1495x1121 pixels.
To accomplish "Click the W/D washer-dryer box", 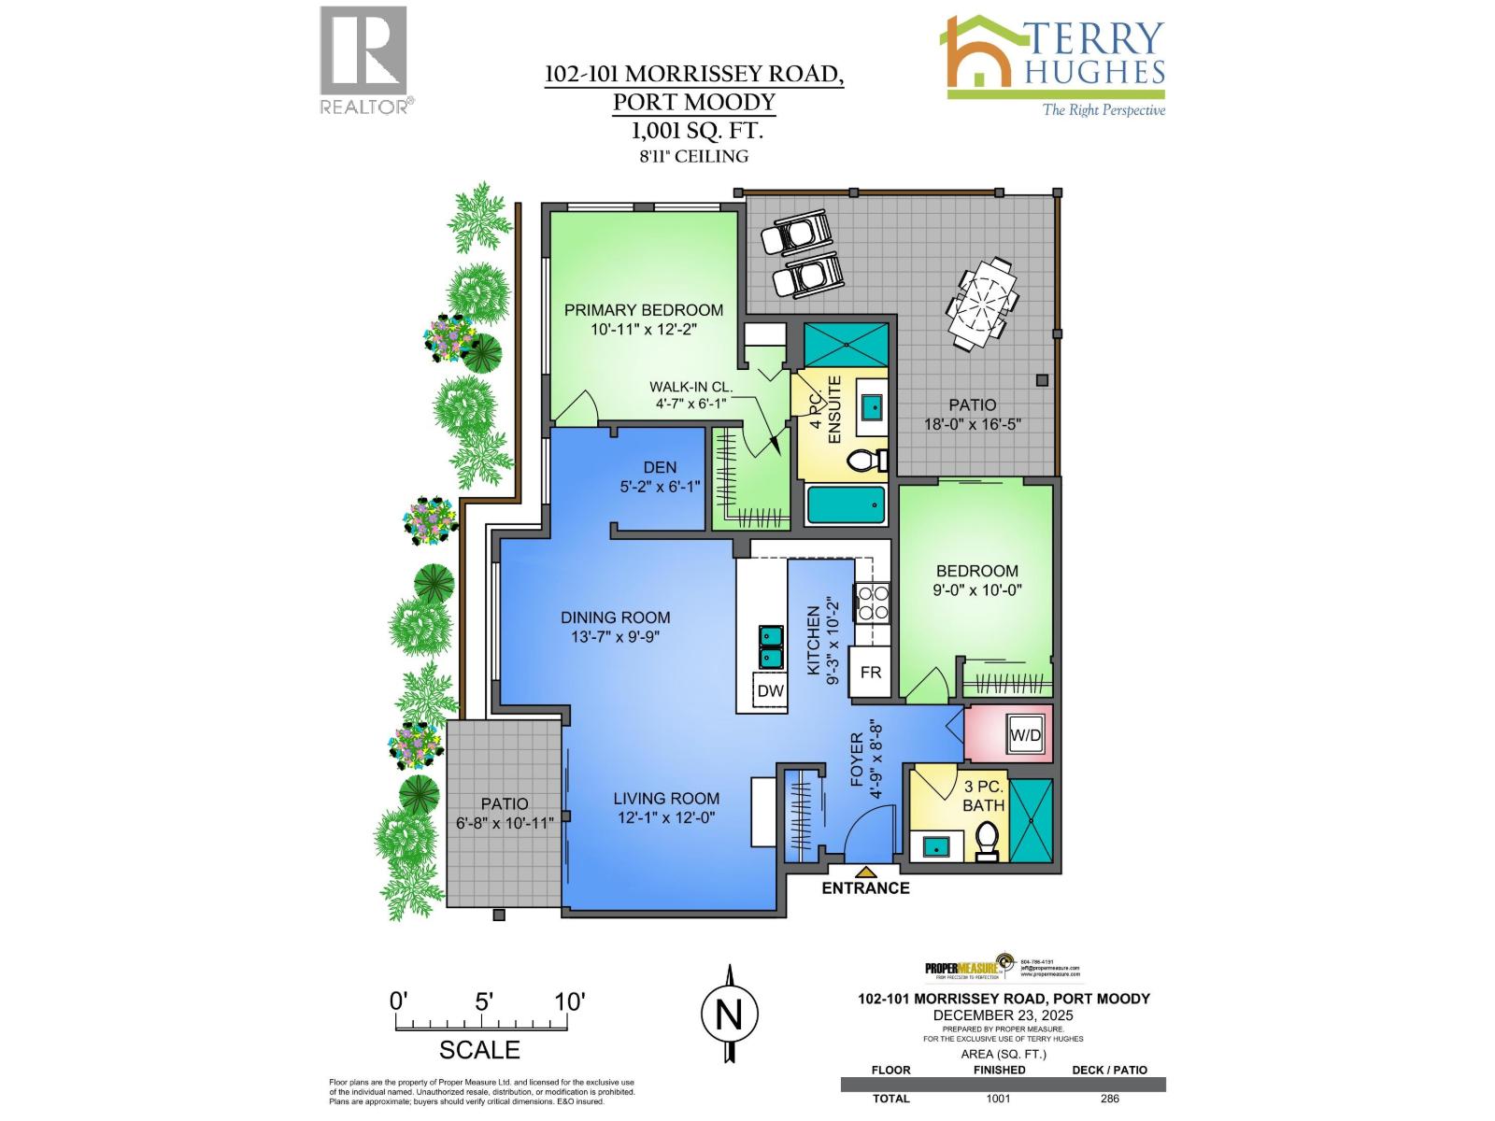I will coord(1025,735).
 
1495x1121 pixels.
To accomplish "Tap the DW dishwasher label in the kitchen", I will coord(770,691).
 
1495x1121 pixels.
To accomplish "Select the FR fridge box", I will coord(870,673).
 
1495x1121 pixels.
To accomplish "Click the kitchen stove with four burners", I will coord(873,602).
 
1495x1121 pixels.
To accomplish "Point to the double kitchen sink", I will coord(771,646).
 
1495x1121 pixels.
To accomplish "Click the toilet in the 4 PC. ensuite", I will coord(866,460).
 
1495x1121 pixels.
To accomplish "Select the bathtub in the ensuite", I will coord(846,505).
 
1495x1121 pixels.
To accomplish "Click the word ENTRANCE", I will coord(865,888).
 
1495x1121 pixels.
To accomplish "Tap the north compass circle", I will coord(729,1014).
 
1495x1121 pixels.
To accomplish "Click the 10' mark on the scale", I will coord(569,1002).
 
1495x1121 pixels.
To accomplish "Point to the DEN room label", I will coord(660,467).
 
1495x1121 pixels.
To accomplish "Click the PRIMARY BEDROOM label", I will coord(643,310).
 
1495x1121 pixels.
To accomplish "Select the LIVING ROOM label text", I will coord(666,799).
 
